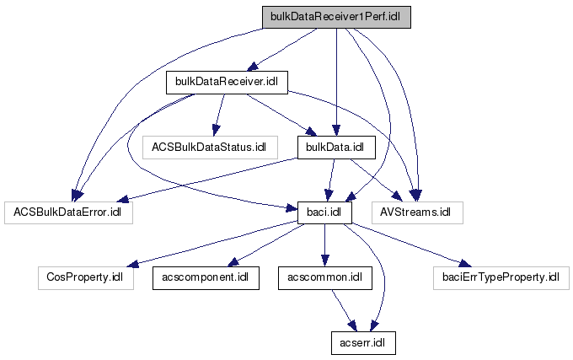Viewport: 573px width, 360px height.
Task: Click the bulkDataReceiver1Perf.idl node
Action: [335, 17]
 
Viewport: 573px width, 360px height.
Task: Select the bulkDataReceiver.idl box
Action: [227, 82]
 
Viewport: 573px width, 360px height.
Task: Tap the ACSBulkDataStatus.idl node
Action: [208, 147]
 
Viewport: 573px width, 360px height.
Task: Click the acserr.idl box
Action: [362, 342]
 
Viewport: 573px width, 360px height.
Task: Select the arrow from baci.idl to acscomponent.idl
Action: [263, 244]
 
